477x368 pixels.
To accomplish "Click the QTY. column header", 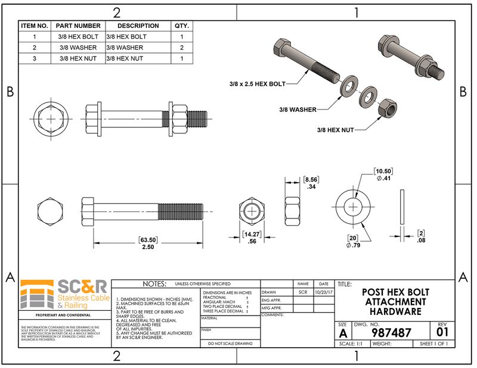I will click(x=181, y=26).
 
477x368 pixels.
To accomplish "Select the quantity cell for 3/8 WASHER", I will click(x=181, y=47).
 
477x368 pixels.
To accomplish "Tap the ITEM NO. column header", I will click(x=34, y=26).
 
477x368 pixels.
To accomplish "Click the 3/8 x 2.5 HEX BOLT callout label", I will click(x=257, y=85).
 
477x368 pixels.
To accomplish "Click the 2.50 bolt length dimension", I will click(x=148, y=247).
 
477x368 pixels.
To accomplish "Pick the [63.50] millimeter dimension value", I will click(x=148, y=239).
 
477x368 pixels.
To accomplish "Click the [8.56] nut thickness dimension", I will click(x=310, y=179).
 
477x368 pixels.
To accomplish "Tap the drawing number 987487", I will click(x=391, y=332).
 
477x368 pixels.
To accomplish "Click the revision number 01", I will click(x=442, y=332).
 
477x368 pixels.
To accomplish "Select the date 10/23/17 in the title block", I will click(x=323, y=292).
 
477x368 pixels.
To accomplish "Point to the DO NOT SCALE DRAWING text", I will click(x=230, y=343).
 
